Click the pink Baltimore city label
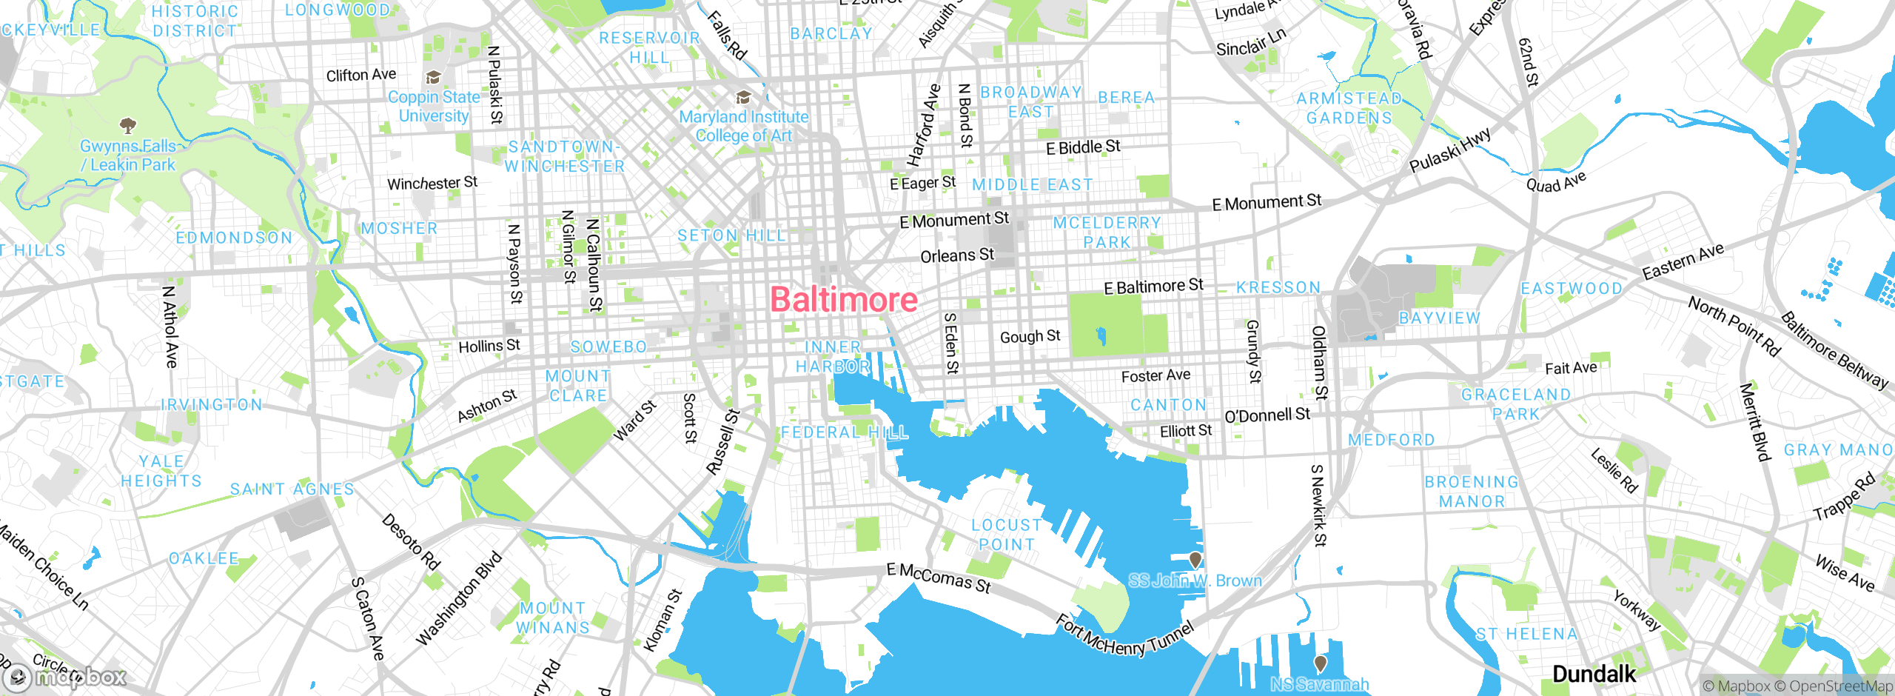[844, 300]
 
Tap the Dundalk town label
[1594, 674]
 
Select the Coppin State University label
[434, 107]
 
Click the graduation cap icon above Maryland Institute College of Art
[743, 98]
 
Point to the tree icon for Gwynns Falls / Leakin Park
[127, 124]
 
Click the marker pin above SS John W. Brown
[1195, 560]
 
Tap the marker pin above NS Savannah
[1320, 663]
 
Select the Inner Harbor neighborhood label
[833, 357]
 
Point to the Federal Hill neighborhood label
[844, 432]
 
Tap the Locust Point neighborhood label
[1007, 535]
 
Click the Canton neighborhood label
[1168, 405]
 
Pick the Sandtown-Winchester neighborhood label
[564, 156]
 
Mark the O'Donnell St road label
[1267, 415]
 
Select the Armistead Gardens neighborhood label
[1349, 108]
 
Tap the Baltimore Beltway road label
[1834, 349]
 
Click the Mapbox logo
[67, 677]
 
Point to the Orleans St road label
[956, 256]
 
